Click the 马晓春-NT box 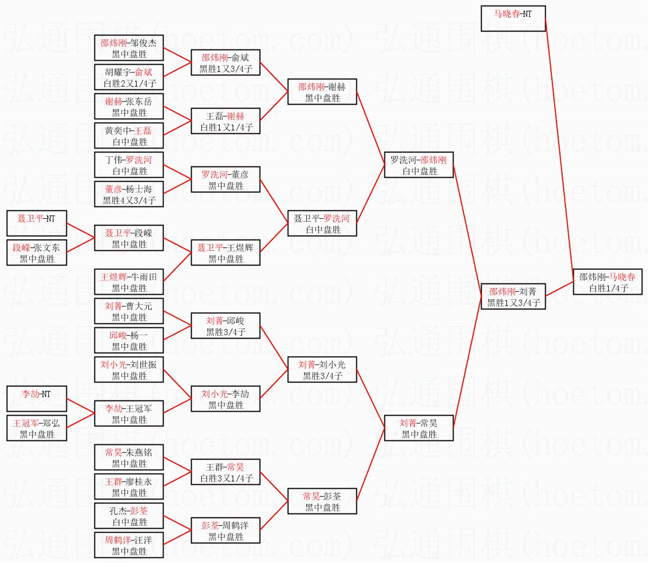coord(513,19)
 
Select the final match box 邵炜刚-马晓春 coord(608,282)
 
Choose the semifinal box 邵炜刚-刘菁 coord(513,296)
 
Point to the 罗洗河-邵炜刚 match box coord(419,165)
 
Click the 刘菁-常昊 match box coord(419,428)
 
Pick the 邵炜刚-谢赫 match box coord(322,92)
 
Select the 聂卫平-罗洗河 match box coord(322,223)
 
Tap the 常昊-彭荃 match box coord(322,501)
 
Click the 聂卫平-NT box coord(37,223)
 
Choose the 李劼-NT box coord(37,399)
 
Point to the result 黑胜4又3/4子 coord(129,200)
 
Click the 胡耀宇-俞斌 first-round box coord(129,77)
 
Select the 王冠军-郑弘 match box coord(37,428)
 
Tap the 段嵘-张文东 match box coord(37,253)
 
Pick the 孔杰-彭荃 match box coord(129,516)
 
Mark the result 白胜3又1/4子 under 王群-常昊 coord(226,479)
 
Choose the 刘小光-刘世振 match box coord(129,370)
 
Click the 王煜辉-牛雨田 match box coord(129,282)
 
